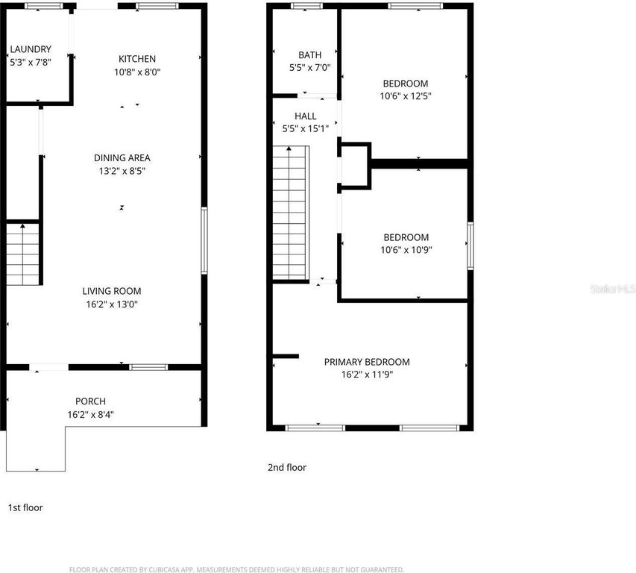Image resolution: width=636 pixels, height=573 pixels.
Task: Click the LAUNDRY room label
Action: pyautogui.click(x=31, y=49)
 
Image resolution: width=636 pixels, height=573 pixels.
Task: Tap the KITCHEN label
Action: pyautogui.click(x=137, y=59)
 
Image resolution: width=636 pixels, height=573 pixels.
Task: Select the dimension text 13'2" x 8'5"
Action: pyautogui.click(x=122, y=171)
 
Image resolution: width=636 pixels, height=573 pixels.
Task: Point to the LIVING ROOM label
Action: pyautogui.click(x=112, y=291)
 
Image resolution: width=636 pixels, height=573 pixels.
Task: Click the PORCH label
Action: pyautogui.click(x=90, y=401)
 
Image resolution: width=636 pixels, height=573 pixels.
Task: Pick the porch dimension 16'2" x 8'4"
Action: pyautogui.click(x=90, y=414)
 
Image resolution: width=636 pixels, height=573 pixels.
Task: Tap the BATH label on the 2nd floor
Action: pyautogui.click(x=310, y=54)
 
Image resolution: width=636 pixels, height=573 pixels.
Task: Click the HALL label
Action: pyautogui.click(x=306, y=116)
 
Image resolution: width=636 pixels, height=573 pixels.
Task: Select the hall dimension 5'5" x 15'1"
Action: pyautogui.click(x=306, y=128)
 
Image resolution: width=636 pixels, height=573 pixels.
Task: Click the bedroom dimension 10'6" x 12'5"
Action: pyautogui.click(x=406, y=96)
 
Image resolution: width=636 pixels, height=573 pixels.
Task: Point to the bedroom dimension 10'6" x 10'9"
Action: pyautogui.click(x=406, y=250)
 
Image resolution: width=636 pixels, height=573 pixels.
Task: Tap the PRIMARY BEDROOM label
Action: pyautogui.click(x=367, y=362)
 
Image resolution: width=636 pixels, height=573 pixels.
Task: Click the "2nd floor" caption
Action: pyautogui.click(x=287, y=468)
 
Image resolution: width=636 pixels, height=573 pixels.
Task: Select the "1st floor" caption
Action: pyautogui.click(x=25, y=507)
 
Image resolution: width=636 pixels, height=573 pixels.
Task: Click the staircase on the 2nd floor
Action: pyautogui.click(x=291, y=213)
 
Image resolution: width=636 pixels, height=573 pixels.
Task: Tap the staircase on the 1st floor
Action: pyautogui.click(x=22, y=254)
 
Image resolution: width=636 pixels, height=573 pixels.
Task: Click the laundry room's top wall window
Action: pyautogui.click(x=44, y=6)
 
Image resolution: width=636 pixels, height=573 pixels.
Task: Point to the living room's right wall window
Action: pyautogui.click(x=204, y=241)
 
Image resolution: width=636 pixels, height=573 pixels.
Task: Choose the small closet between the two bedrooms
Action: pyautogui.click(x=354, y=166)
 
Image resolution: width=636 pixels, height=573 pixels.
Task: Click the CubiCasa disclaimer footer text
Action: pyautogui.click(x=236, y=570)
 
